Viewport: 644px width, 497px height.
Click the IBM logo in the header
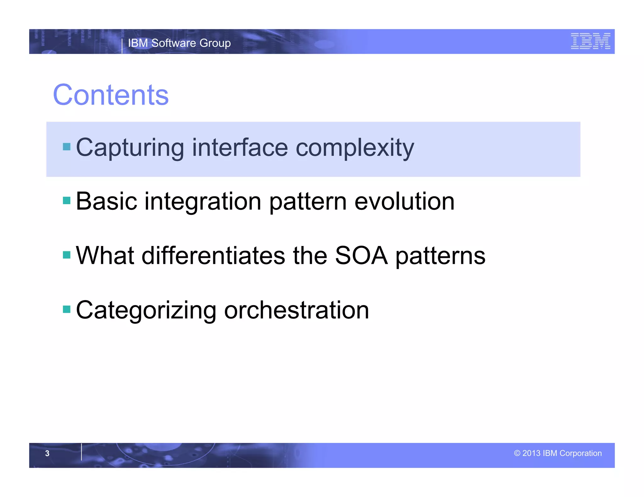point(590,41)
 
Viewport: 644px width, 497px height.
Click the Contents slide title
point(111,95)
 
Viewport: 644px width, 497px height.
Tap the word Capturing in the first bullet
point(130,148)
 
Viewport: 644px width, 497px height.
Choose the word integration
point(203,202)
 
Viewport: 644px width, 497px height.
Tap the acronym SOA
point(361,255)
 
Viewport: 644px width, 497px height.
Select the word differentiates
point(214,255)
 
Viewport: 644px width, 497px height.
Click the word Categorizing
point(146,310)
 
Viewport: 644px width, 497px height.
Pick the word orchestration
point(296,310)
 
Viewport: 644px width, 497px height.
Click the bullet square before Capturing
point(67,147)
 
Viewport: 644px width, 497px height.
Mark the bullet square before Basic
point(67,200)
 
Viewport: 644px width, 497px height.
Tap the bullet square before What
point(67,255)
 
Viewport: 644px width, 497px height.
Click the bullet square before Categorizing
point(67,309)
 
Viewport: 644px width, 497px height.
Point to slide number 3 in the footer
point(47,453)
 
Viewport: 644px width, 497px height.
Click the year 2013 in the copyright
point(531,453)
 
